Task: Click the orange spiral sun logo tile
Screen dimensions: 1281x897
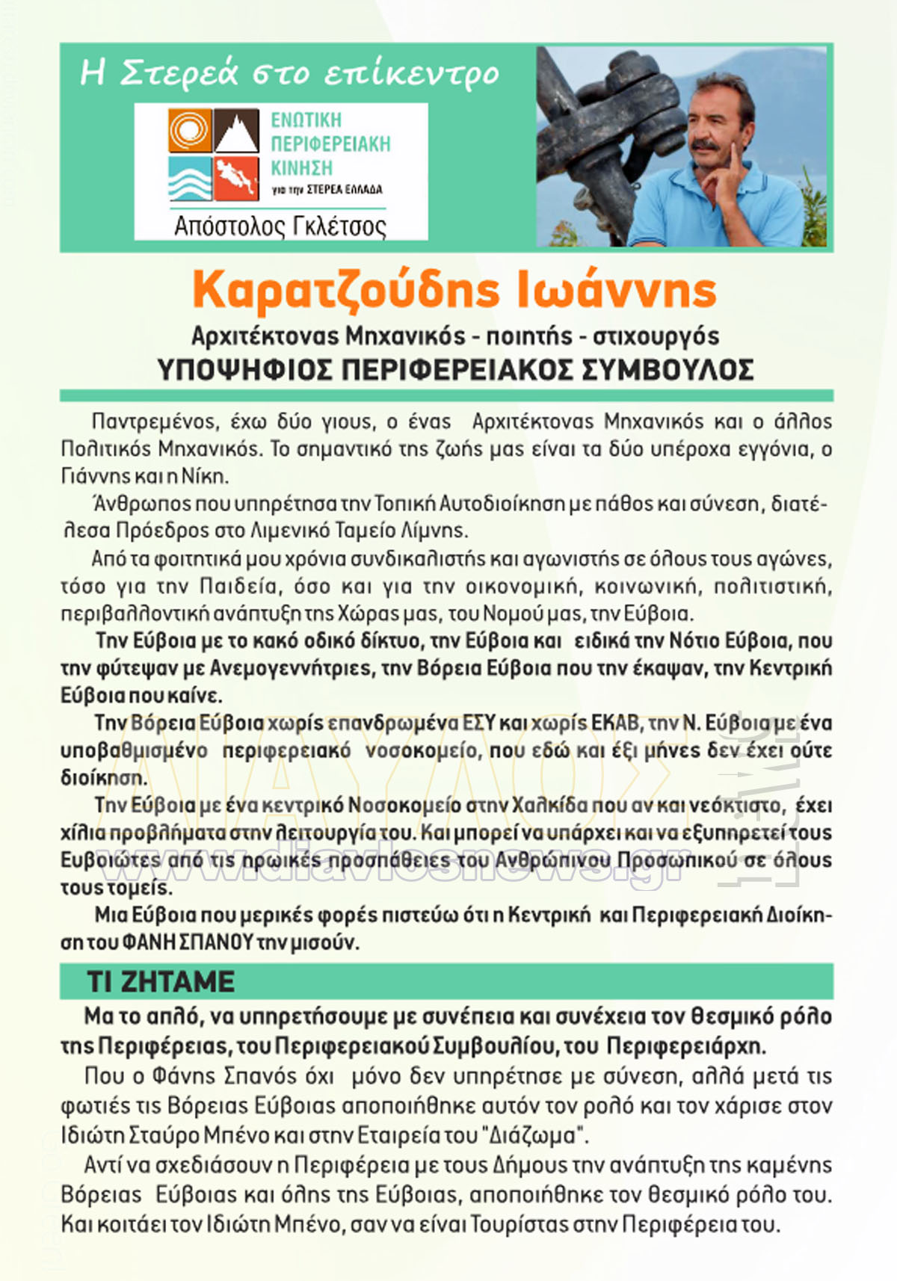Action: pyautogui.click(x=189, y=131)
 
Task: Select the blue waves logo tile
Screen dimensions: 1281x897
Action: pyautogui.click(x=189, y=179)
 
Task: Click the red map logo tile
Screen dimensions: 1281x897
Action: pyautogui.click(x=237, y=179)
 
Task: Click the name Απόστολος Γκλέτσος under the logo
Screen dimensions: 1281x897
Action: pyautogui.click(x=280, y=226)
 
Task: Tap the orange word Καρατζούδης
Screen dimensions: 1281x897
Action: pyautogui.click(x=345, y=291)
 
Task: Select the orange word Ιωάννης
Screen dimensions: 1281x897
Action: pyautogui.click(x=617, y=291)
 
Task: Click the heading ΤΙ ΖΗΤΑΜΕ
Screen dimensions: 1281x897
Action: pyautogui.click(x=161, y=981)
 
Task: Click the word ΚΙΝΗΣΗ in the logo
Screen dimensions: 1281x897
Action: pyautogui.click(x=301, y=167)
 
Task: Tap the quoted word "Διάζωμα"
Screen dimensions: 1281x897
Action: pyautogui.click(x=536, y=1135)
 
